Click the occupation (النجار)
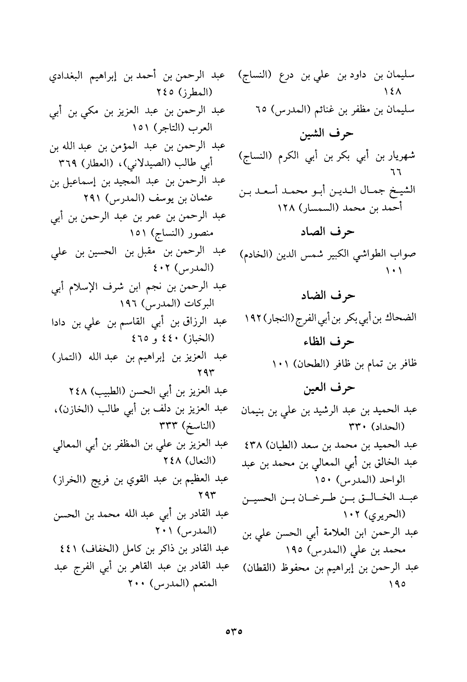point(279,317)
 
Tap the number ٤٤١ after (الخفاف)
point(65,548)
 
